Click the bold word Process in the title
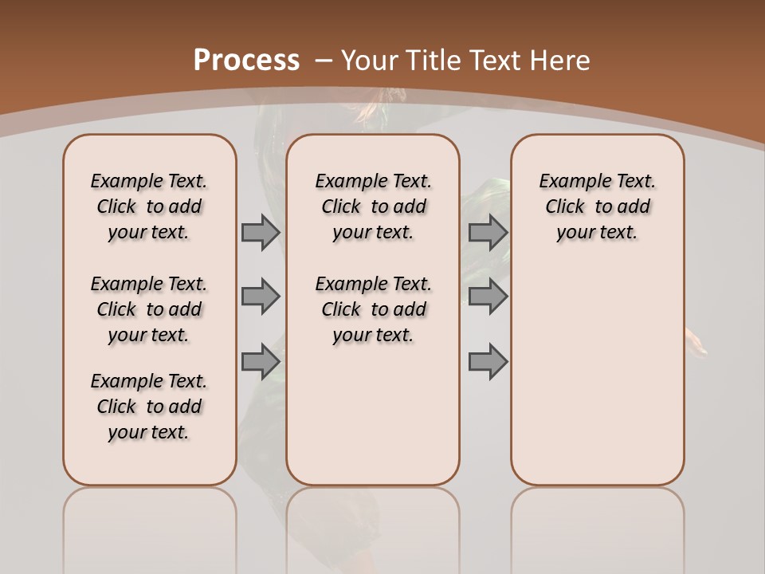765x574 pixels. pyautogui.click(x=246, y=61)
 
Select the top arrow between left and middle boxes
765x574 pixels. pyautogui.click(x=261, y=232)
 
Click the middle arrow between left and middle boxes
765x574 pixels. pyautogui.click(x=261, y=297)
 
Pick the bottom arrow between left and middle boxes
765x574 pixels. pyautogui.click(x=261, y=361)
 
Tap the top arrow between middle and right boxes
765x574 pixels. pyautogui.click(x=488, y=232)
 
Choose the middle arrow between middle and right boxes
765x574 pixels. pyautogui.click(x=488, y=297)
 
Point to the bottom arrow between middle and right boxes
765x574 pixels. pyautogui.click(x=488, y=361)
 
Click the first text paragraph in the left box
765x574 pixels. pyautogui.click(x=149, y=206)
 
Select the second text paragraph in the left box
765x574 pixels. pyautogui.click(x=149, y=309)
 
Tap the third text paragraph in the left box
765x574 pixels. pyautogui.click(x=149, y=407)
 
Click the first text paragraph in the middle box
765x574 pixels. pyautogui.click(x=373, y=206)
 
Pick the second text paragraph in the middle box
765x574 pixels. pyautogui.click(x=373, y=309)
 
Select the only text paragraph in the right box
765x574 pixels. pyautogui.click(x=597, y=206)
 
